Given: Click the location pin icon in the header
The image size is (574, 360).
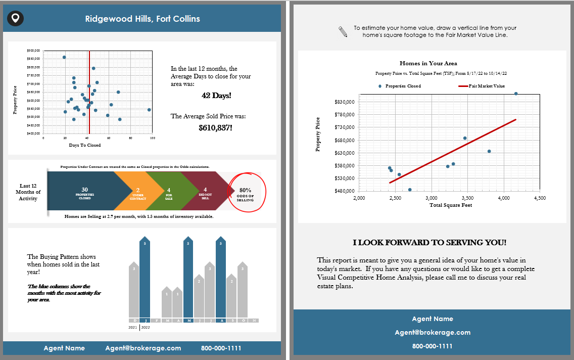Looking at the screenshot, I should pos(16,19).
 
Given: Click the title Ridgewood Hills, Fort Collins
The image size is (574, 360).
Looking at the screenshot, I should pos(142,19).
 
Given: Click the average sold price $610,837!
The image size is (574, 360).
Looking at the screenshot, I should pos(216,128).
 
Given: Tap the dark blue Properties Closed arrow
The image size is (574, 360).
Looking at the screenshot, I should pos(83,193).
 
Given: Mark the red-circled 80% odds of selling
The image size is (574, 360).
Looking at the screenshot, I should pos(245,193).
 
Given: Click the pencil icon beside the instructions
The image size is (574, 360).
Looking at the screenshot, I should pos(343,31).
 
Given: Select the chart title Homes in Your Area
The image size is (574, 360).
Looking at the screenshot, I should pos(428,64).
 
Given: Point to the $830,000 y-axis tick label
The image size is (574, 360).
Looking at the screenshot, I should pos(346,102).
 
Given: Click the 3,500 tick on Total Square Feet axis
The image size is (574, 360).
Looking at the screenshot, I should pos(467,198).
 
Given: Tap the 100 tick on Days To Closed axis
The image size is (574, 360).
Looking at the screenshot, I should pos(152,138).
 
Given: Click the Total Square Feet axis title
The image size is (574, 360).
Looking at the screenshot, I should pos(450,205).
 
